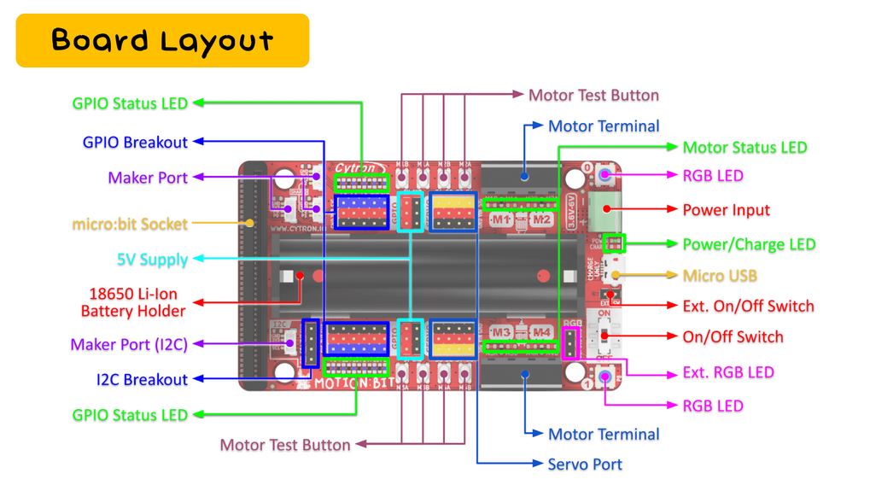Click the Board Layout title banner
(x=162, y=40)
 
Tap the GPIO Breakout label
(x=135, y=142)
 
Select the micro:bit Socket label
(x=129, y=225)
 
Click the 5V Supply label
(x=152, y=259)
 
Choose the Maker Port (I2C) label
(x=129, y=344)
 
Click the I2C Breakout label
(x=141, y=379)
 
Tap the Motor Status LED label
(x=745, y=147)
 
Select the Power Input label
(x=726, y=209)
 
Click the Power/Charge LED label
(x=749, y=244)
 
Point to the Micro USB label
(x=719, y=276)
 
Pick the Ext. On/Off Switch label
(x=748, y=306)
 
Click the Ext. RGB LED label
(x=728, y=372)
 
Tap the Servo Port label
(x=584, y=465)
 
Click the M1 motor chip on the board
(x=500, y=219)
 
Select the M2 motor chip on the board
(x=540, y=219)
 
